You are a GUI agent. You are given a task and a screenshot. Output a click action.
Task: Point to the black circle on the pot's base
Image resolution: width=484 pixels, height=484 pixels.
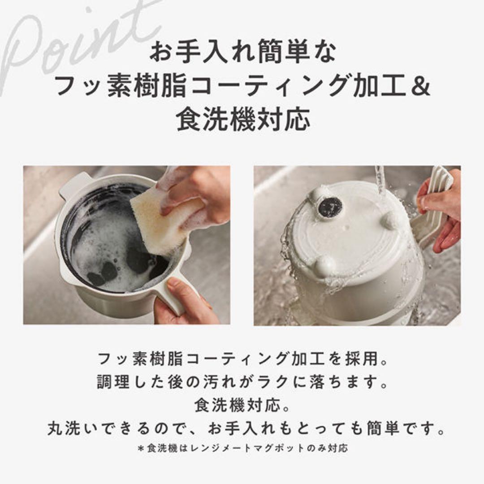[x=329, y=206]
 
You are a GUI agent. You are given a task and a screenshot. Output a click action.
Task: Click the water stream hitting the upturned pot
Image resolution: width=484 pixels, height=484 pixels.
[x=380, y=179]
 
